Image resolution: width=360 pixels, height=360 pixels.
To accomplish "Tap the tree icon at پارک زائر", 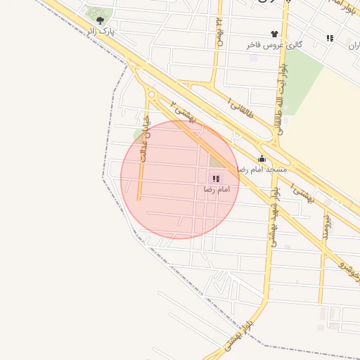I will coord(100,20).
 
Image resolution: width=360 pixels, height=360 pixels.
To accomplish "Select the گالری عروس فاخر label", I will coord(274,44).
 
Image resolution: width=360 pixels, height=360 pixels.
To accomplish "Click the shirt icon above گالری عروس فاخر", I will coord(274,33).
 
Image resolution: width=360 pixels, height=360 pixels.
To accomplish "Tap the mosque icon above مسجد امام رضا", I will coord(262,159).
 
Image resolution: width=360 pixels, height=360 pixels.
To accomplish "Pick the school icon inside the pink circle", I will coord(215,179).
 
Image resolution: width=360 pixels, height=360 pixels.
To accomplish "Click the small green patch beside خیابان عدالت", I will coord(138,134).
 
